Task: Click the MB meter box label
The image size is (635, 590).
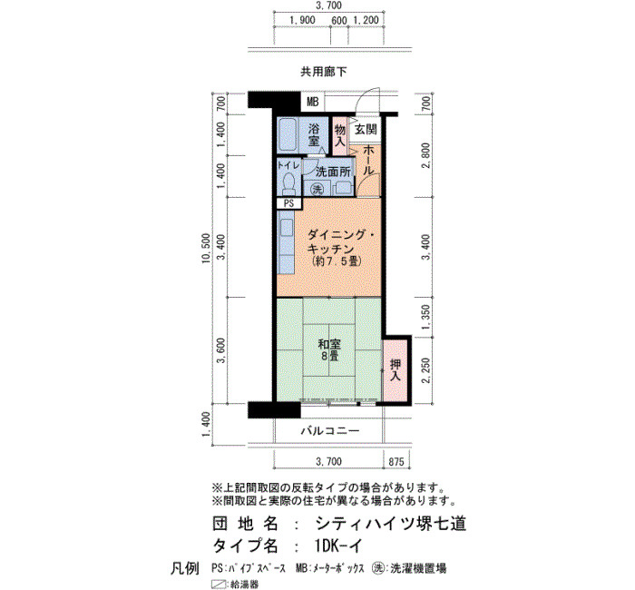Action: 313,102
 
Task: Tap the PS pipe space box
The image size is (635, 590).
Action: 289,203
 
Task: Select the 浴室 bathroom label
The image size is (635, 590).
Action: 313,135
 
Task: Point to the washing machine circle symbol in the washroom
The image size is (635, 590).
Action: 317,189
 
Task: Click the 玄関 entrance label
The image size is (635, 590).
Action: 366,130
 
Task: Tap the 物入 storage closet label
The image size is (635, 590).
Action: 340,136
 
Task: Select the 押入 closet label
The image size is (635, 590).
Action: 396,370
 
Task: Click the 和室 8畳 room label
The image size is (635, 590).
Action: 329,350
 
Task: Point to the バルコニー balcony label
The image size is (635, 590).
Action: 329,430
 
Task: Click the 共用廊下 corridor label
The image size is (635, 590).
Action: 324,72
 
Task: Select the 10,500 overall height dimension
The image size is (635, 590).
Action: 206,249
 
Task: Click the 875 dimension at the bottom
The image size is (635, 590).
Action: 396,461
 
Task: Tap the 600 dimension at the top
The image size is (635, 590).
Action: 339,20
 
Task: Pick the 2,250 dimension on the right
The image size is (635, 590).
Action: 425,370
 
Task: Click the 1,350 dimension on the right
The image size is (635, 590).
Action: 425,317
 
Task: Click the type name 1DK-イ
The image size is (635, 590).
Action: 338,546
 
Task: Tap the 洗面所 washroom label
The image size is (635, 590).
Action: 333,172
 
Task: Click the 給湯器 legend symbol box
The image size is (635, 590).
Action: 220,584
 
